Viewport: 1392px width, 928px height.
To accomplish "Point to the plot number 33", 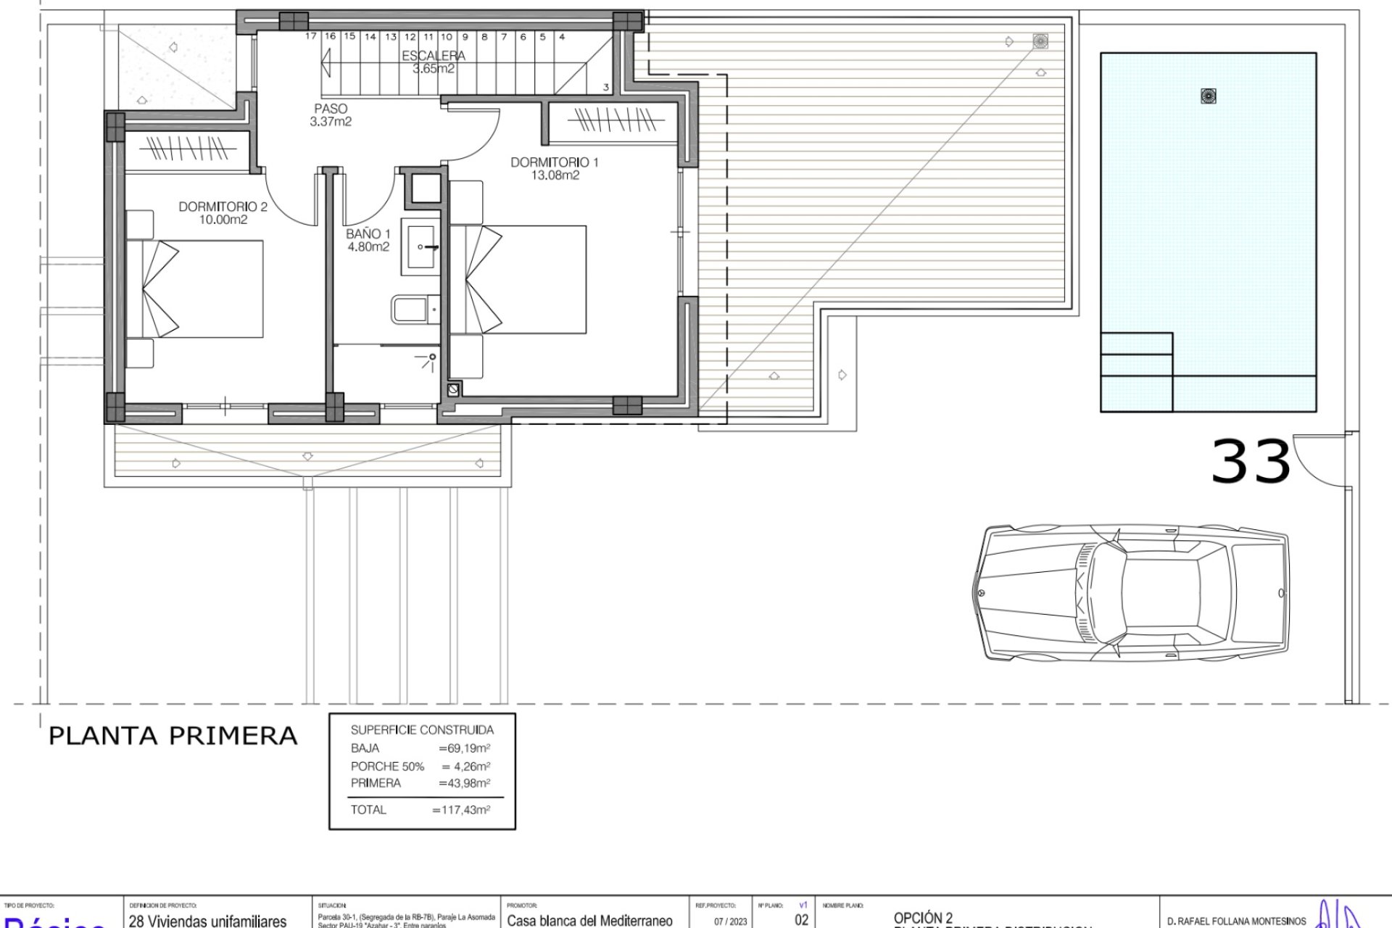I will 1251,462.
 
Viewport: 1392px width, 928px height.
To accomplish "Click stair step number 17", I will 311,36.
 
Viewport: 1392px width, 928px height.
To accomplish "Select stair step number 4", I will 562,36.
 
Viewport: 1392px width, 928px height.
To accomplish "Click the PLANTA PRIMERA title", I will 173,736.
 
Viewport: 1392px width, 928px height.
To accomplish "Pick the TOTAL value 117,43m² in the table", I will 461,810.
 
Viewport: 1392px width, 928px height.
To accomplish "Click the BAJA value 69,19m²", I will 465,748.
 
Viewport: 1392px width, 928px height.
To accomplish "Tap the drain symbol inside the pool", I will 1208,95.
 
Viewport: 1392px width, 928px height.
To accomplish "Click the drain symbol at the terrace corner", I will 1040,41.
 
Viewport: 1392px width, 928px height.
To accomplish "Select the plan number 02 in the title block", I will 801,920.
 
